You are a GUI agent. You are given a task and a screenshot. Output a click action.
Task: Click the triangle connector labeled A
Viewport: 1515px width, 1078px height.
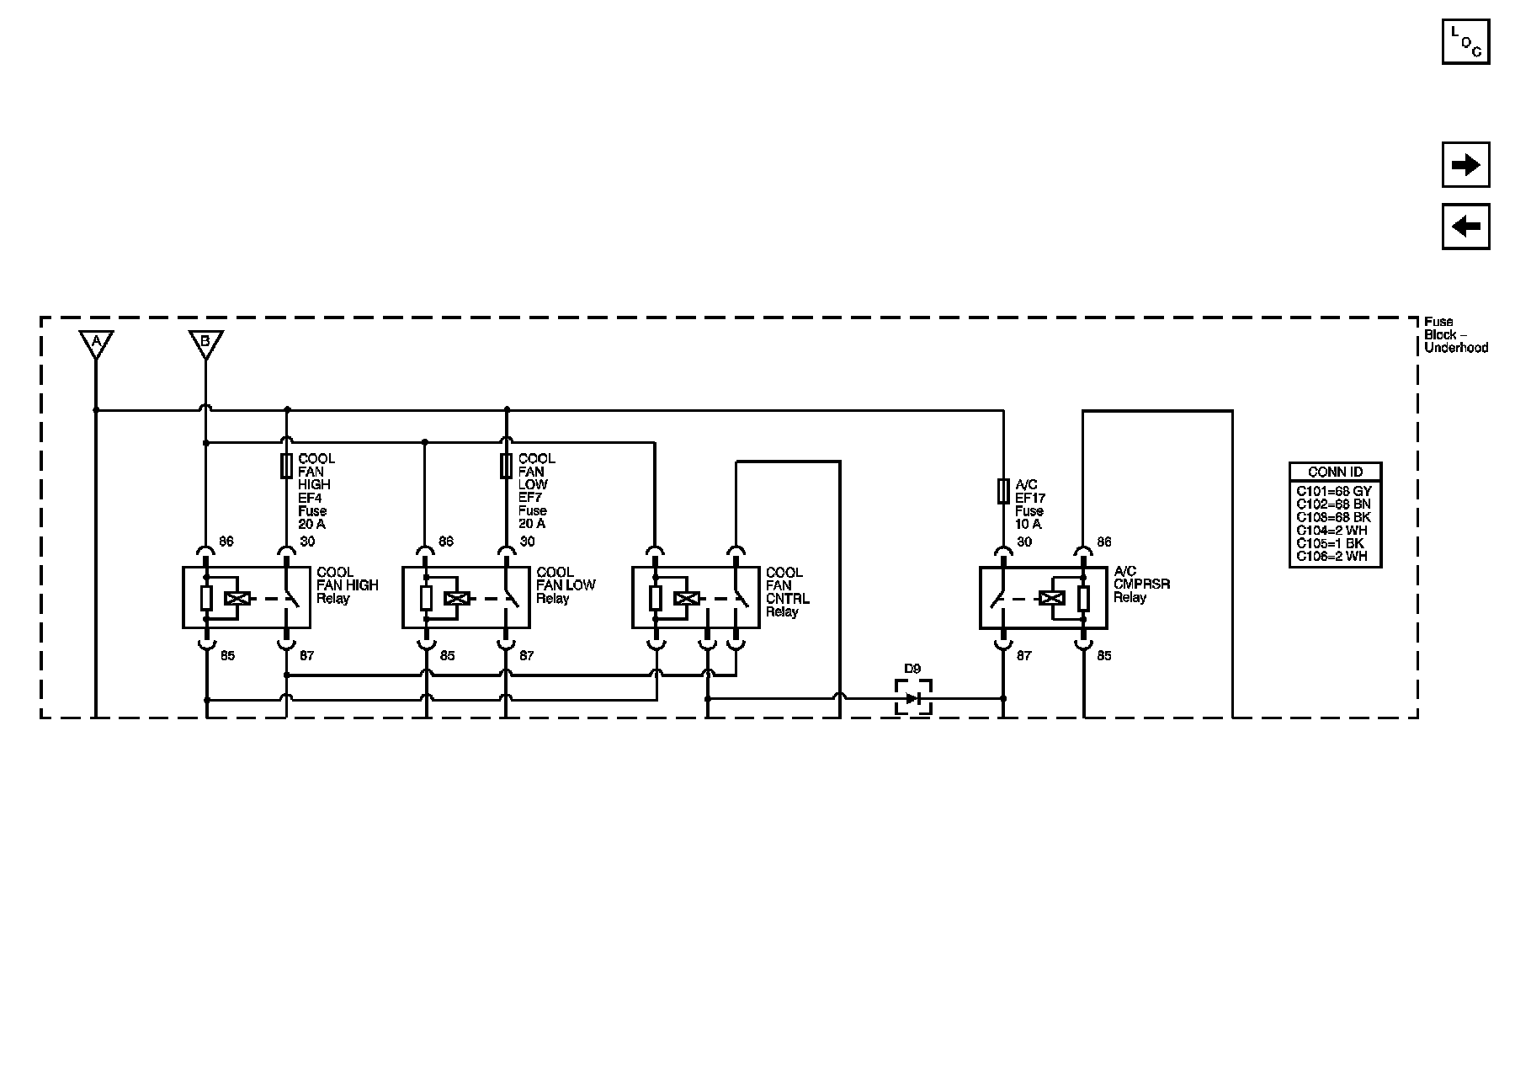pyautogui.click(x=96, y=344)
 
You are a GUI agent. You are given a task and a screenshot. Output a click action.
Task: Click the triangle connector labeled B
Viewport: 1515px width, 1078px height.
pyautogui.click(x=205, y=344)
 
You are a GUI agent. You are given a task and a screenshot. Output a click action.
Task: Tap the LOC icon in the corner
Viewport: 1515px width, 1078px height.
pyautogui.click(x=1465, y=40)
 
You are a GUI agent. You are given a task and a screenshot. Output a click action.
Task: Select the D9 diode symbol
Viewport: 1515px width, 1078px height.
pyautogui.click(x=913, y=698)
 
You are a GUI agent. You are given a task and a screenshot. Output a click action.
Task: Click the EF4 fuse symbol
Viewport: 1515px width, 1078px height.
pyautogui.click(x=286, y=466)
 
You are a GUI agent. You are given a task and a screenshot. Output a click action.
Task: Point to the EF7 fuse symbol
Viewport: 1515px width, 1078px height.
pyautogui.click(x=506, y=466)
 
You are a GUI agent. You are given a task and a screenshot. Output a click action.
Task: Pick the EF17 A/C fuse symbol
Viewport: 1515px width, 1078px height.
pyautogui.click(x=1002, y=491)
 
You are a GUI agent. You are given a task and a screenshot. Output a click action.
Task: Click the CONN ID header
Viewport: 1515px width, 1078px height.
pyautogui.click(x=1335, y=472)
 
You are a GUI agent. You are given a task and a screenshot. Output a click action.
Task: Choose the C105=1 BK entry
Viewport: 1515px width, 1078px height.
pyautogui.click(x=1330, y=543)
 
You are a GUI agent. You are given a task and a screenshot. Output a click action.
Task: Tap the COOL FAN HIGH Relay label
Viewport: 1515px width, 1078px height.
pyautogui.click(x=347, y=585)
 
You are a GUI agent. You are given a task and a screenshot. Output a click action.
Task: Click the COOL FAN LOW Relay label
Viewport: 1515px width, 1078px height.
pyautogui.click(x=566, y=585)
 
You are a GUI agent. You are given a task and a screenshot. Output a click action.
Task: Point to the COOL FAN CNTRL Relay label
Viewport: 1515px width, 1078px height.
pyautogui.click(x=787, y=592)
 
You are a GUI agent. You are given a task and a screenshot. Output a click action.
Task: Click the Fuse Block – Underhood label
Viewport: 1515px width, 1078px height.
pyautogui.click(x=1455, y=334)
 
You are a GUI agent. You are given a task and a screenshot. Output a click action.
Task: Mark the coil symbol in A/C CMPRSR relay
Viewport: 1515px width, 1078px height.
pyautogui.click(x=1052, y=599)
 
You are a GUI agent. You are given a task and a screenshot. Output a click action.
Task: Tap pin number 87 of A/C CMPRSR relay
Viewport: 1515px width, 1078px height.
pyautogui.click(x=1023, y=655)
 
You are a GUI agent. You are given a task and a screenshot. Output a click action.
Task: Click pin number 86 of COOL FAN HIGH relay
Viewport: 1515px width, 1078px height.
pyautogui.click(x=226, y=542)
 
